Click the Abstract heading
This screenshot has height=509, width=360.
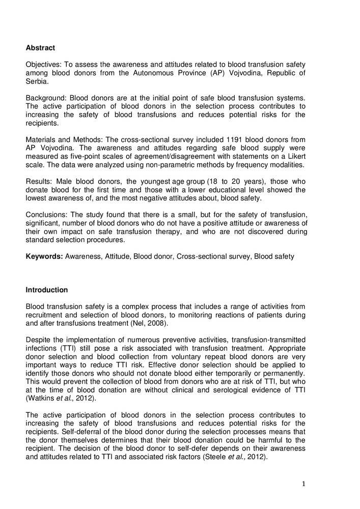(x=40, y=48)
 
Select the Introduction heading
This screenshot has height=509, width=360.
(x=46, y=290)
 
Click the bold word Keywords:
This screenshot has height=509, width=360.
(x=44, y=257)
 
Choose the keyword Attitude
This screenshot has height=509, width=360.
(x=118, y=257)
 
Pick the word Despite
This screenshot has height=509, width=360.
(x=38, y=340)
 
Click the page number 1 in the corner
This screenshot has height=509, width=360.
(x=303, y=484)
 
